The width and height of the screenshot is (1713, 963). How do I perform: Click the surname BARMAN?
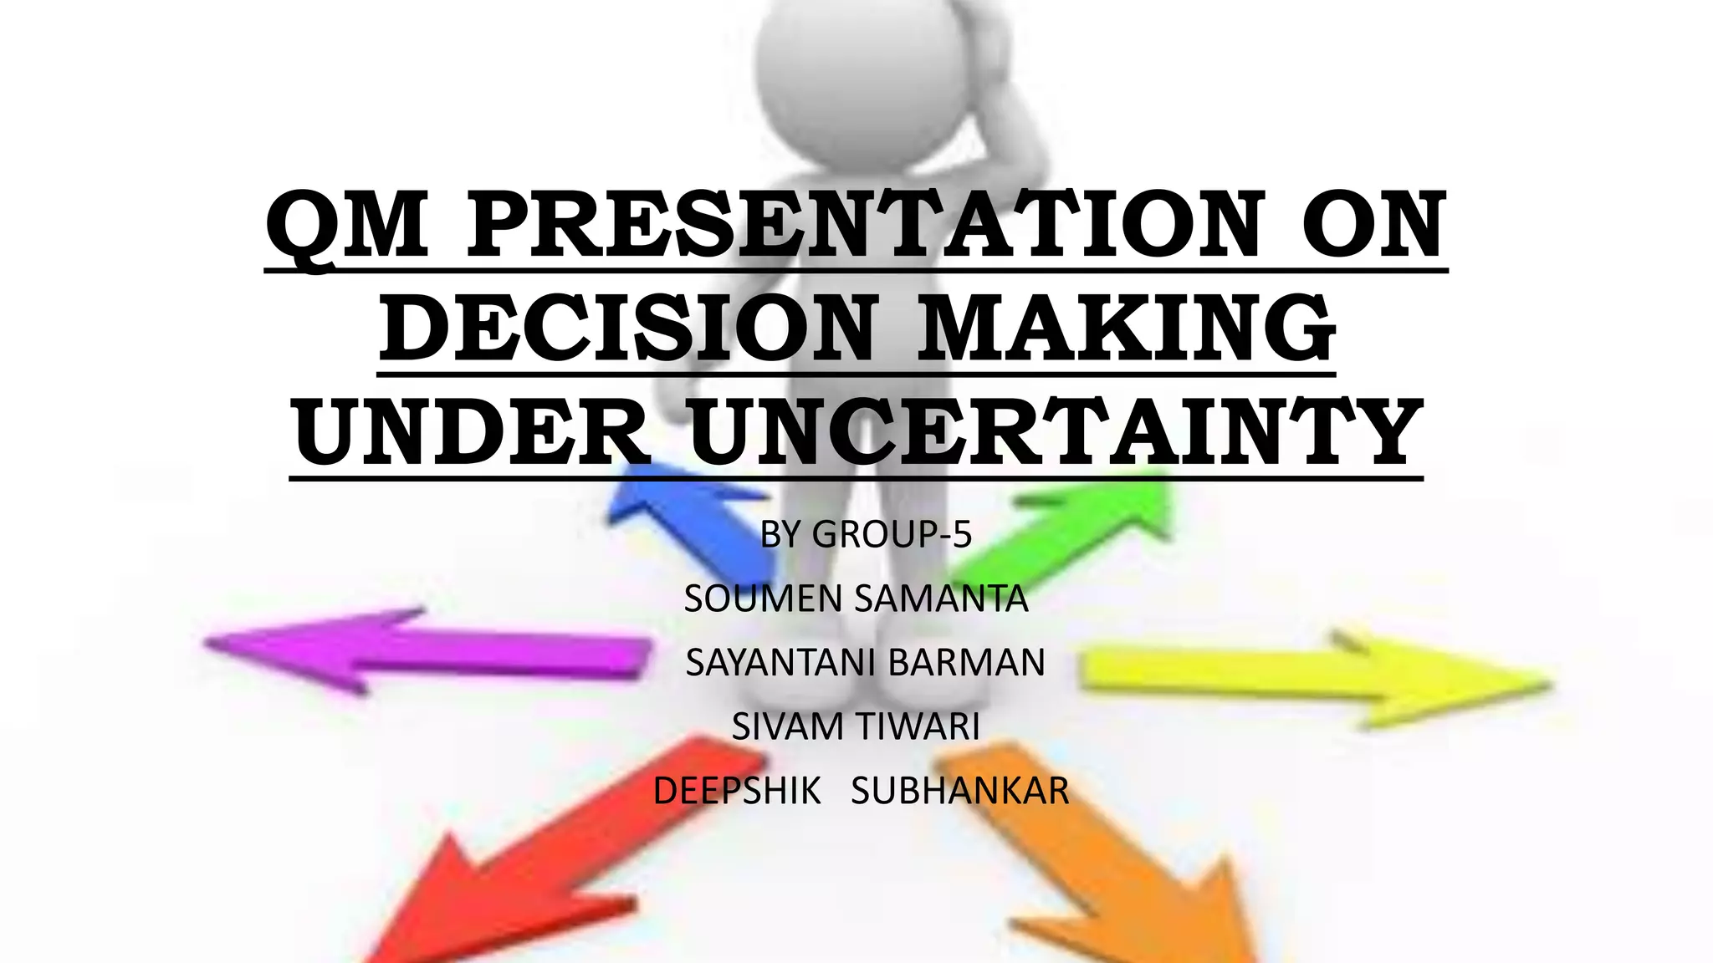(x=966, y=663)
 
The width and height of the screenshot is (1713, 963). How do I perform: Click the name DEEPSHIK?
(x=737, y=791)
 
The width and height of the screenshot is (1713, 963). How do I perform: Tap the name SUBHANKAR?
(x=960, y=791)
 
